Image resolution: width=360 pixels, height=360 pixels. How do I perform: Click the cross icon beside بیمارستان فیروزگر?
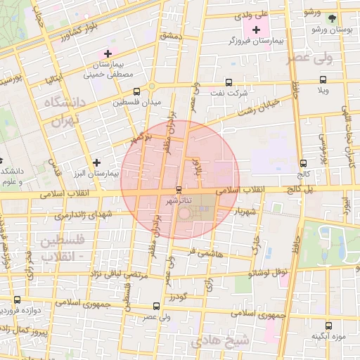click(x=256, y=30)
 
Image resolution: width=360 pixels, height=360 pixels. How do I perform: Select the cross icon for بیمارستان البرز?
click(x=96, y=162)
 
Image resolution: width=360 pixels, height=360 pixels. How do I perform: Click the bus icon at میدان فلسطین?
click(x=116, y=102)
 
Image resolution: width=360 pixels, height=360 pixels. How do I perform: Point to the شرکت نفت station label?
click(x=229, y=93)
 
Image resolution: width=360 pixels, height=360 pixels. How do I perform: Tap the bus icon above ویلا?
click(x=323, y=79)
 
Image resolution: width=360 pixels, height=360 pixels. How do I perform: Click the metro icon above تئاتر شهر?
click(x=179, y=190)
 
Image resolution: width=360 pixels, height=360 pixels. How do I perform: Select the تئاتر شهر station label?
click(x=179, y=201)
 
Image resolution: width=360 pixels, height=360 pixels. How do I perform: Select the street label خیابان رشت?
click(x=259, y=107)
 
